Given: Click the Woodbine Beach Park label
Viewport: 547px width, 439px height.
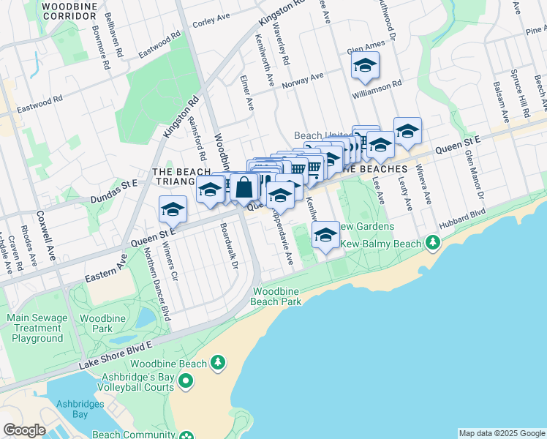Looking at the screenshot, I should [x=276, y=296].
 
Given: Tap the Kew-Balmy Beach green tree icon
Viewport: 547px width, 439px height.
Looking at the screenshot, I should [x=433, y=241].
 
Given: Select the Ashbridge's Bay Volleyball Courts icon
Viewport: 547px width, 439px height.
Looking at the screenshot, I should [x=186, y=380].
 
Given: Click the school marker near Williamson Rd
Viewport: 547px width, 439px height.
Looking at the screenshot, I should [x=365, y=66].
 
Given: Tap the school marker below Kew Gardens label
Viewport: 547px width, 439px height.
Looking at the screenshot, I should [x=325, y=235].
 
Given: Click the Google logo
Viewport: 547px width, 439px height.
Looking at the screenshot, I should [x=23, y=430].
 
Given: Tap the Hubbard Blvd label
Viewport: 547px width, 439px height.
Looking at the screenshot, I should [x=462, y=219].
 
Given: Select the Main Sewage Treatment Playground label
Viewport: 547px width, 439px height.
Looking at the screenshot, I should [x=36, y=329].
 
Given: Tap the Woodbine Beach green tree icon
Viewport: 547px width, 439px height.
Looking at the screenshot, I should [x=216, y=362].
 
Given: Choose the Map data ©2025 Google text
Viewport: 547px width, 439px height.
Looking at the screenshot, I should [x=502, y=433].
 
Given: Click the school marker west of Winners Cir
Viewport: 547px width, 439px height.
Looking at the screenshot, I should [x=172, y=209].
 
